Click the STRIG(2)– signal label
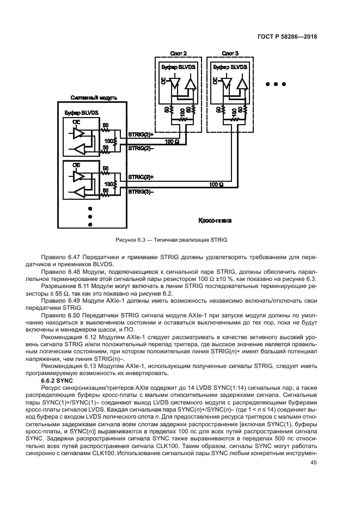click(x=141, y=148)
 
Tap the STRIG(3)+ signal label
click(x=141, y=177)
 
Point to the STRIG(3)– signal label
click(x=141, y=192)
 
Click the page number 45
click(x=314, y=463)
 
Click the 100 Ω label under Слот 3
click(x=216, y=185)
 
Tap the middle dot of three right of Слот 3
click(x=276, y=84)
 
